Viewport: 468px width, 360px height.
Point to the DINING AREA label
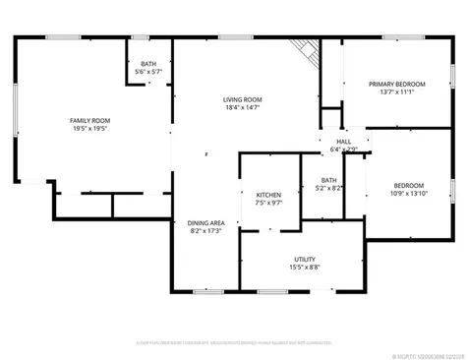tap(205, 223)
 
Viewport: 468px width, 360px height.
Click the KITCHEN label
tap(269, 195)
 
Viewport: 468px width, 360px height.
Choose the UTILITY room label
tap(305, 259)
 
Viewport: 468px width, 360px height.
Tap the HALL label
tap(344, 142)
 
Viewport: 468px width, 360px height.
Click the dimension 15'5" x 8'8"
tap(305, 268)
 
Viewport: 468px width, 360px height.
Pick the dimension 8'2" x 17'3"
tap(205, 232)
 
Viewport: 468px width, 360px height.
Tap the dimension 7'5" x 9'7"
tap(269, 204)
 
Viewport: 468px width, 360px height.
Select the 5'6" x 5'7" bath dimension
tap(148, 72)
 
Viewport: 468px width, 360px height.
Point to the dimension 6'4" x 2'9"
tap(344, 150)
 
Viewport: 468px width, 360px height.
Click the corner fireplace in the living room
tap(307, 54)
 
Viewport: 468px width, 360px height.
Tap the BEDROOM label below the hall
tap(409, 186)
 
